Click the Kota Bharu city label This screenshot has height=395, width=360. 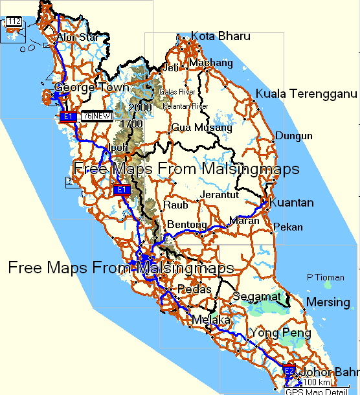219,36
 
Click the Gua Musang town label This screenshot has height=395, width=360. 201,128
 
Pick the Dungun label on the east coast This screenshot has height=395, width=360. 294,136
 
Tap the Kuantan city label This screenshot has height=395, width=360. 291,203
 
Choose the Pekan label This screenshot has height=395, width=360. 287,227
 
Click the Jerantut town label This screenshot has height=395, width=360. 220,194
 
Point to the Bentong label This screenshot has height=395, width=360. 187,225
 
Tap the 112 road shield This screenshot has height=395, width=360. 14,22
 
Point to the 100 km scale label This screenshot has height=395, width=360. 306,383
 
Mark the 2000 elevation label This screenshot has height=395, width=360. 140,107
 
